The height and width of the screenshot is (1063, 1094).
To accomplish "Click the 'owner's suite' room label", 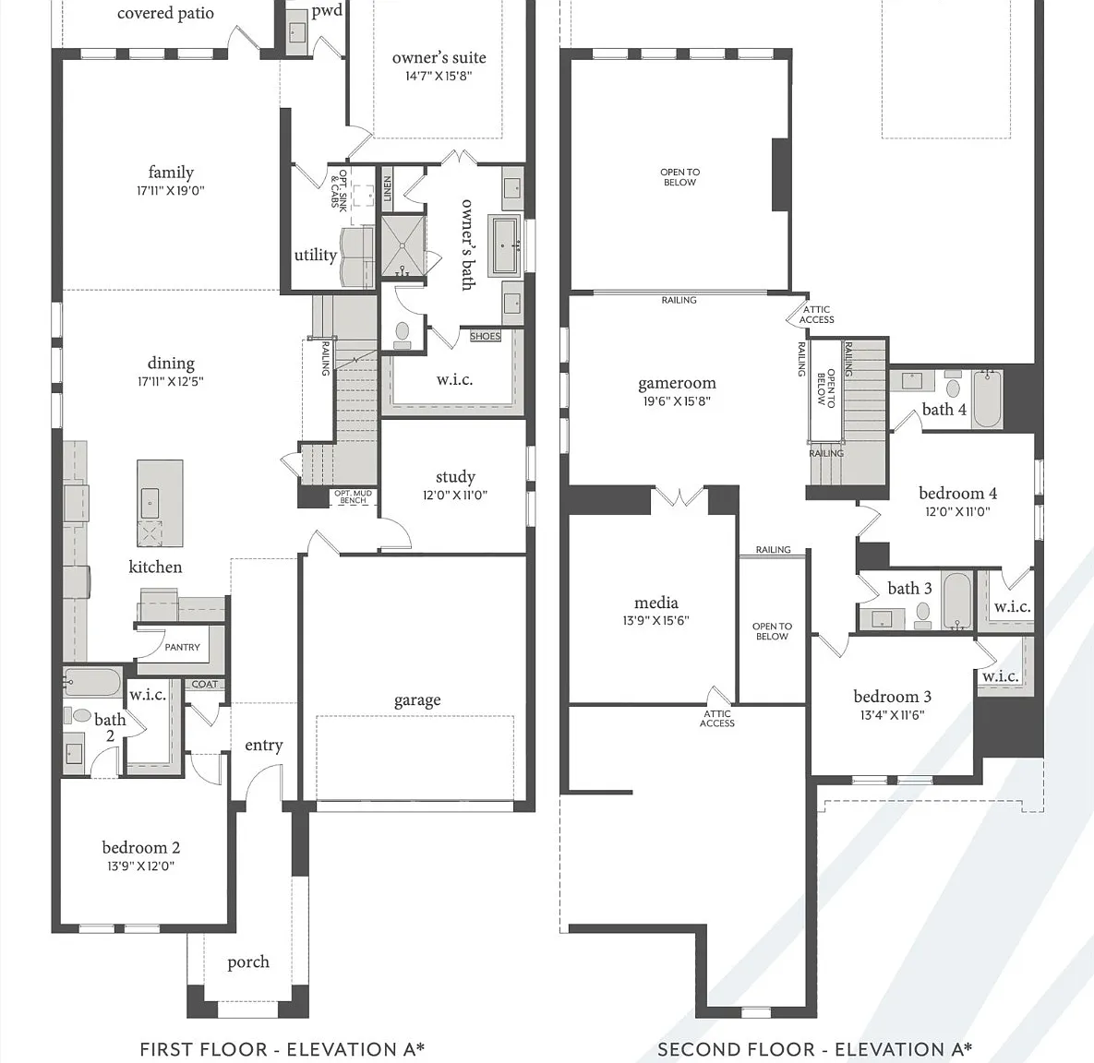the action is (x=439, y=58).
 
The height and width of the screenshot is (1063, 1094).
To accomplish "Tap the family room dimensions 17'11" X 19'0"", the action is (x=171, y=190).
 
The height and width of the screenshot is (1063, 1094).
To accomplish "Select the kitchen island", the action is (x=160, y=503).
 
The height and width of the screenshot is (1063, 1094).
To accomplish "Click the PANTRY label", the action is (x=182, y=647).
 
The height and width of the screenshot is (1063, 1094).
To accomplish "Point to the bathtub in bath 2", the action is (x=92, y=682).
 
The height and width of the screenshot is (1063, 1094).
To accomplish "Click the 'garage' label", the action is (x=417, y=700).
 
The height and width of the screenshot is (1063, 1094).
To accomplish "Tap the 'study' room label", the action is (x=455, y=477).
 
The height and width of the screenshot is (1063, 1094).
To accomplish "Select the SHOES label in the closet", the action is (x=485, y=336).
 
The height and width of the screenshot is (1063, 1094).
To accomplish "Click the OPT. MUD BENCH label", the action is (x=353, y=496).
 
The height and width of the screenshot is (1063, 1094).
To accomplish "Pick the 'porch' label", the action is (x=248, y=962).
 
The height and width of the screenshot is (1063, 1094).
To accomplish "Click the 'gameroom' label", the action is (x=677, y=384).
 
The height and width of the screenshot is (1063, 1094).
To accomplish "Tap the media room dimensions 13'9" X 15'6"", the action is (x=655, y=620).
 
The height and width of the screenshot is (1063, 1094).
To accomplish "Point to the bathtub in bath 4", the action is (x=987, y=399).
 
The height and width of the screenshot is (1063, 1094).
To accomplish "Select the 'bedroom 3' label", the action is (x=893, y=697).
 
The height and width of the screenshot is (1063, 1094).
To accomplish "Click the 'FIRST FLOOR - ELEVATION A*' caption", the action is (x=282, y=1049).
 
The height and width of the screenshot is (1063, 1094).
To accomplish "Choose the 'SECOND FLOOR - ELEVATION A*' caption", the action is (x=815, y=1049).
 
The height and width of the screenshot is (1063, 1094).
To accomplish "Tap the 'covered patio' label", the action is (x=165, y=13).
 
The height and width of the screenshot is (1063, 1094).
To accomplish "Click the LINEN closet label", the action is (x=387, y=187).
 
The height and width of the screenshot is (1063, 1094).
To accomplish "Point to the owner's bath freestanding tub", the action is (x=506, y=245).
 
